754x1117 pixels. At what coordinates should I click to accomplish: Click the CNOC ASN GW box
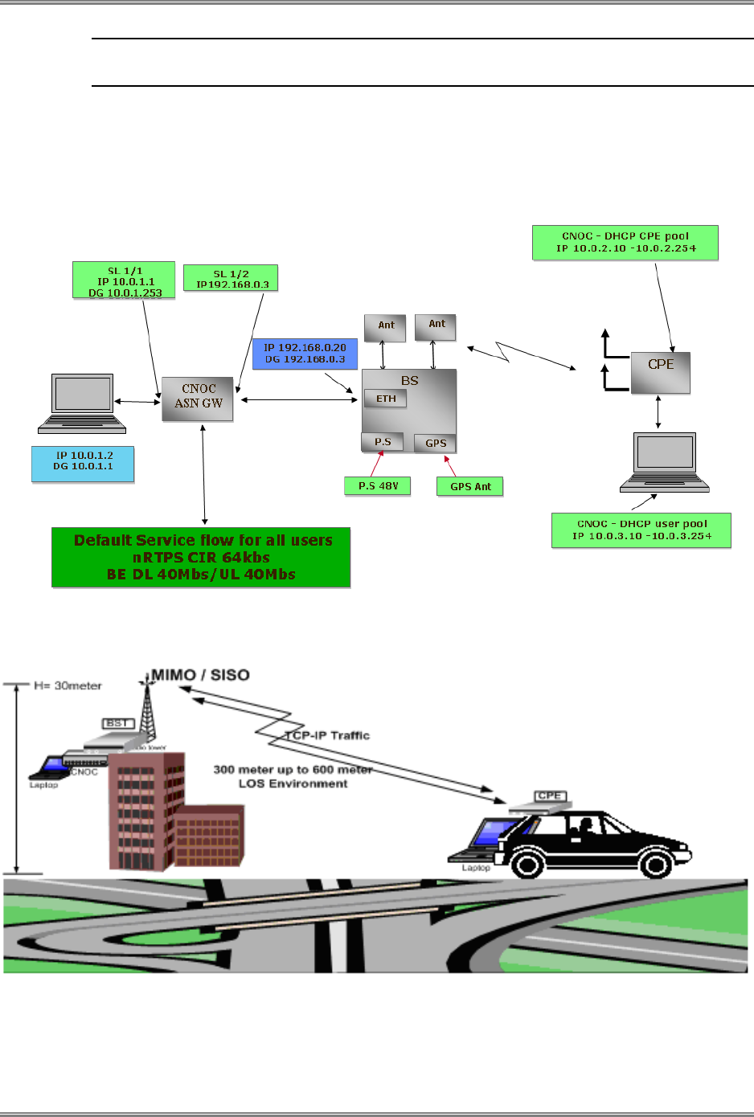tap(198, 399)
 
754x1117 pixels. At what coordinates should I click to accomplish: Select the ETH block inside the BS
tap(386, 399)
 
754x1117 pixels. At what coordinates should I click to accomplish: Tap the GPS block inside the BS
tap(436, 443)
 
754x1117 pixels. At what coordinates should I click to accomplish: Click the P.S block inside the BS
tap(383, 442)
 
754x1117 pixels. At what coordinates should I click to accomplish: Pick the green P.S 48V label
tap(378, 486)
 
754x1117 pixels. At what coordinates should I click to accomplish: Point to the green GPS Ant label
tap(470, 486)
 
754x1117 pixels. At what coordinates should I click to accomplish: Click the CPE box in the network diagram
tap(661, 372)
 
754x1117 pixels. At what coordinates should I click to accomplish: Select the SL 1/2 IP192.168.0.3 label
tap(232, 278)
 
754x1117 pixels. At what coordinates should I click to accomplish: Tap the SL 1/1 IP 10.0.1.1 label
tap(125, 280)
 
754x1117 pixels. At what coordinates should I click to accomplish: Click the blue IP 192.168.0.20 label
tap(305, 354)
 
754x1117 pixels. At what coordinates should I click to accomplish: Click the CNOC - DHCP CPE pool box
tap(625, 243)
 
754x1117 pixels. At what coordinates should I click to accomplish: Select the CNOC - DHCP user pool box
tap(641, 530)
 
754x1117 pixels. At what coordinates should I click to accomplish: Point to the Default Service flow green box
tap(201, 558)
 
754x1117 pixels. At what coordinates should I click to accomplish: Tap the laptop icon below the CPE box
tap(665, 462)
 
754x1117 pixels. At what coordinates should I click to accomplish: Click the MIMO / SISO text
tap(200, 675)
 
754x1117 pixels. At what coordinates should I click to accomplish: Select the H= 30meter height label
tap(68, 685)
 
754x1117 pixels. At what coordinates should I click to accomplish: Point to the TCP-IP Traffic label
tap(329, 735)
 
